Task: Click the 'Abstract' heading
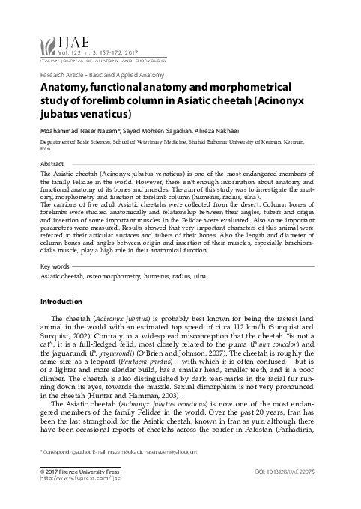coord(52,163)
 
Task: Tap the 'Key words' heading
coord(54,266)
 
